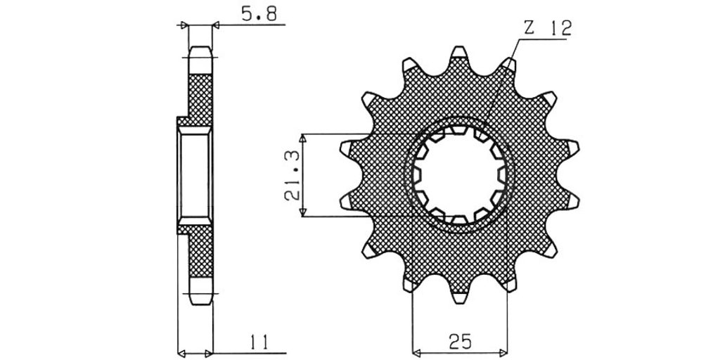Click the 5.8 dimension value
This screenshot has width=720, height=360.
tap(259, 15)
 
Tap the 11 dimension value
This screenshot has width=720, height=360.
tap(259, 342)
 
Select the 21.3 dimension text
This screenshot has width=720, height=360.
tap(292, 175)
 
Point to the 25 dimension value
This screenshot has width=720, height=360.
tap(461, 342)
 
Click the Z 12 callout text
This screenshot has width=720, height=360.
tap(548, 29)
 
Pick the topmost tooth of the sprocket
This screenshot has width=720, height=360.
tap(458, 51)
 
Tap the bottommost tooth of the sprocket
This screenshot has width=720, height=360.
tap(458, 298)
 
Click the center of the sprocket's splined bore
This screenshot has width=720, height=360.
tap(459, 175)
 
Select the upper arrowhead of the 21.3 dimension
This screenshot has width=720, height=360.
tap(302, 139)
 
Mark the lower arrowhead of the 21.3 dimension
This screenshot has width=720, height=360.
tap(302, 212)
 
